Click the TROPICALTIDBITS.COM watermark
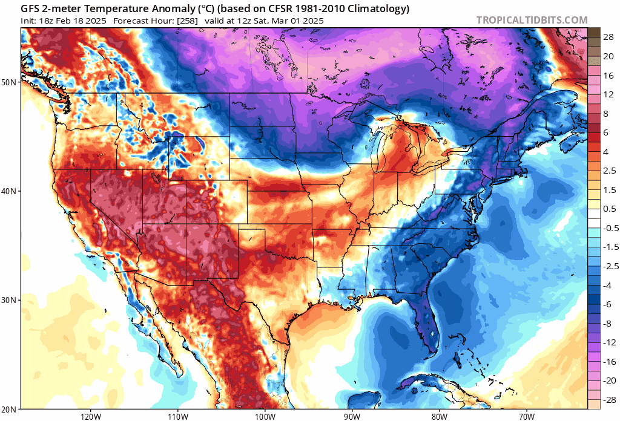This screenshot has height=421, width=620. coord(532,20)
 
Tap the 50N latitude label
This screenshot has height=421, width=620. coord(10,82)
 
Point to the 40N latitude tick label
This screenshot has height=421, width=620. coord(10,191)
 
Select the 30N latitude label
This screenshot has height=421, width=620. coord(10,300)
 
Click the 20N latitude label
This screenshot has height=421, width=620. coord(10,409)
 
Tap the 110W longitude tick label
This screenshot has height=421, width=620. coord(178,416)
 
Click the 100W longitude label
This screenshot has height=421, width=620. coord(265,416)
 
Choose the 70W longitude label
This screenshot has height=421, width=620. coord(526,416)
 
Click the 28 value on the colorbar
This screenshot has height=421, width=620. coord(608,37)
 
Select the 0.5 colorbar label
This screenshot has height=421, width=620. coord(609,209)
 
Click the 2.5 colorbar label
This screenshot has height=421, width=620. coord(609,171)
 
